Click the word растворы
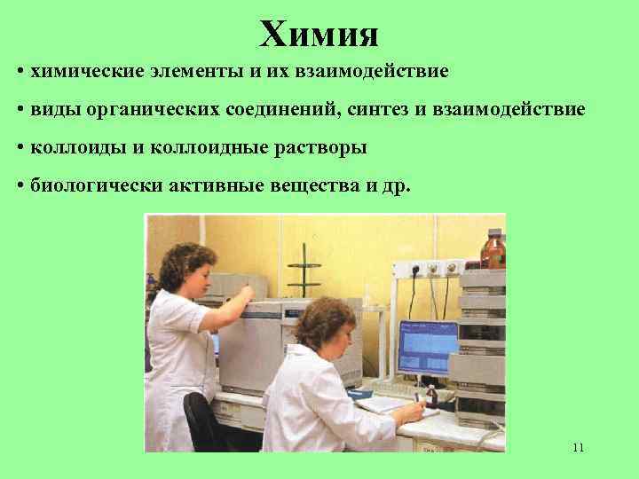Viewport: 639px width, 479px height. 322,147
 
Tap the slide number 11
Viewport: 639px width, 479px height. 578,447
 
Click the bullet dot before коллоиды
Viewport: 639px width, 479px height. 20,147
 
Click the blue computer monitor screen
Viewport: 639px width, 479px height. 428,346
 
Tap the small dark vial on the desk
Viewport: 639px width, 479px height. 431,394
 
